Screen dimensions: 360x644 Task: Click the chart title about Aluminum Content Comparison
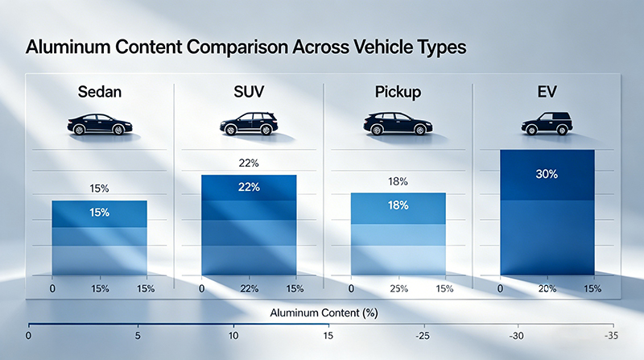click(246, 48)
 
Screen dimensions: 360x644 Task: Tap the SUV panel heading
click(248, 91)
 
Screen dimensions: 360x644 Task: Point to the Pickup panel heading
click(398, 91)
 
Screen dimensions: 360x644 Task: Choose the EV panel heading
click(547, 91)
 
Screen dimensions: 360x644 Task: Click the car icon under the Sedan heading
click(99, 125)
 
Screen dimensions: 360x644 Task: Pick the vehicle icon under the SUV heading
click(248, 124)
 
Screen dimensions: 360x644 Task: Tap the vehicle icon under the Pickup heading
click(398, 124)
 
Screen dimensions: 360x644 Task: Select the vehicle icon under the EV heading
click(547, 125)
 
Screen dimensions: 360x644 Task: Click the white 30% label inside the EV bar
click(547, 174)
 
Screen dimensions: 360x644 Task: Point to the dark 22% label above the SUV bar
click(248, 163)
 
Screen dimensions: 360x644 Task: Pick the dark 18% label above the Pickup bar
click(398, 182)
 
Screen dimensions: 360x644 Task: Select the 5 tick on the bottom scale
click(138, 335)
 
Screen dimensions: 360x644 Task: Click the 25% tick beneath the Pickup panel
click(398, 288)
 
